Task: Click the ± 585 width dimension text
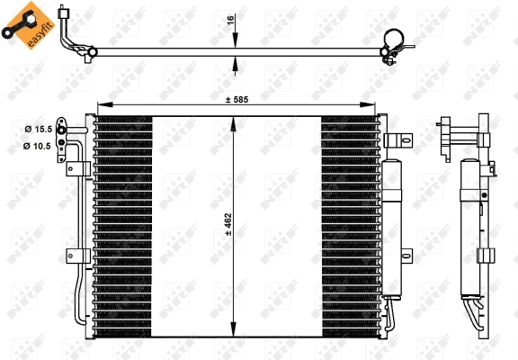pyautogui.click(x=235, y=100)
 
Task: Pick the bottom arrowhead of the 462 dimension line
pyautogui.click(x=236, y=331)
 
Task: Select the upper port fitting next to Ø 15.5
pyautogui.click(x=62, y=130)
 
